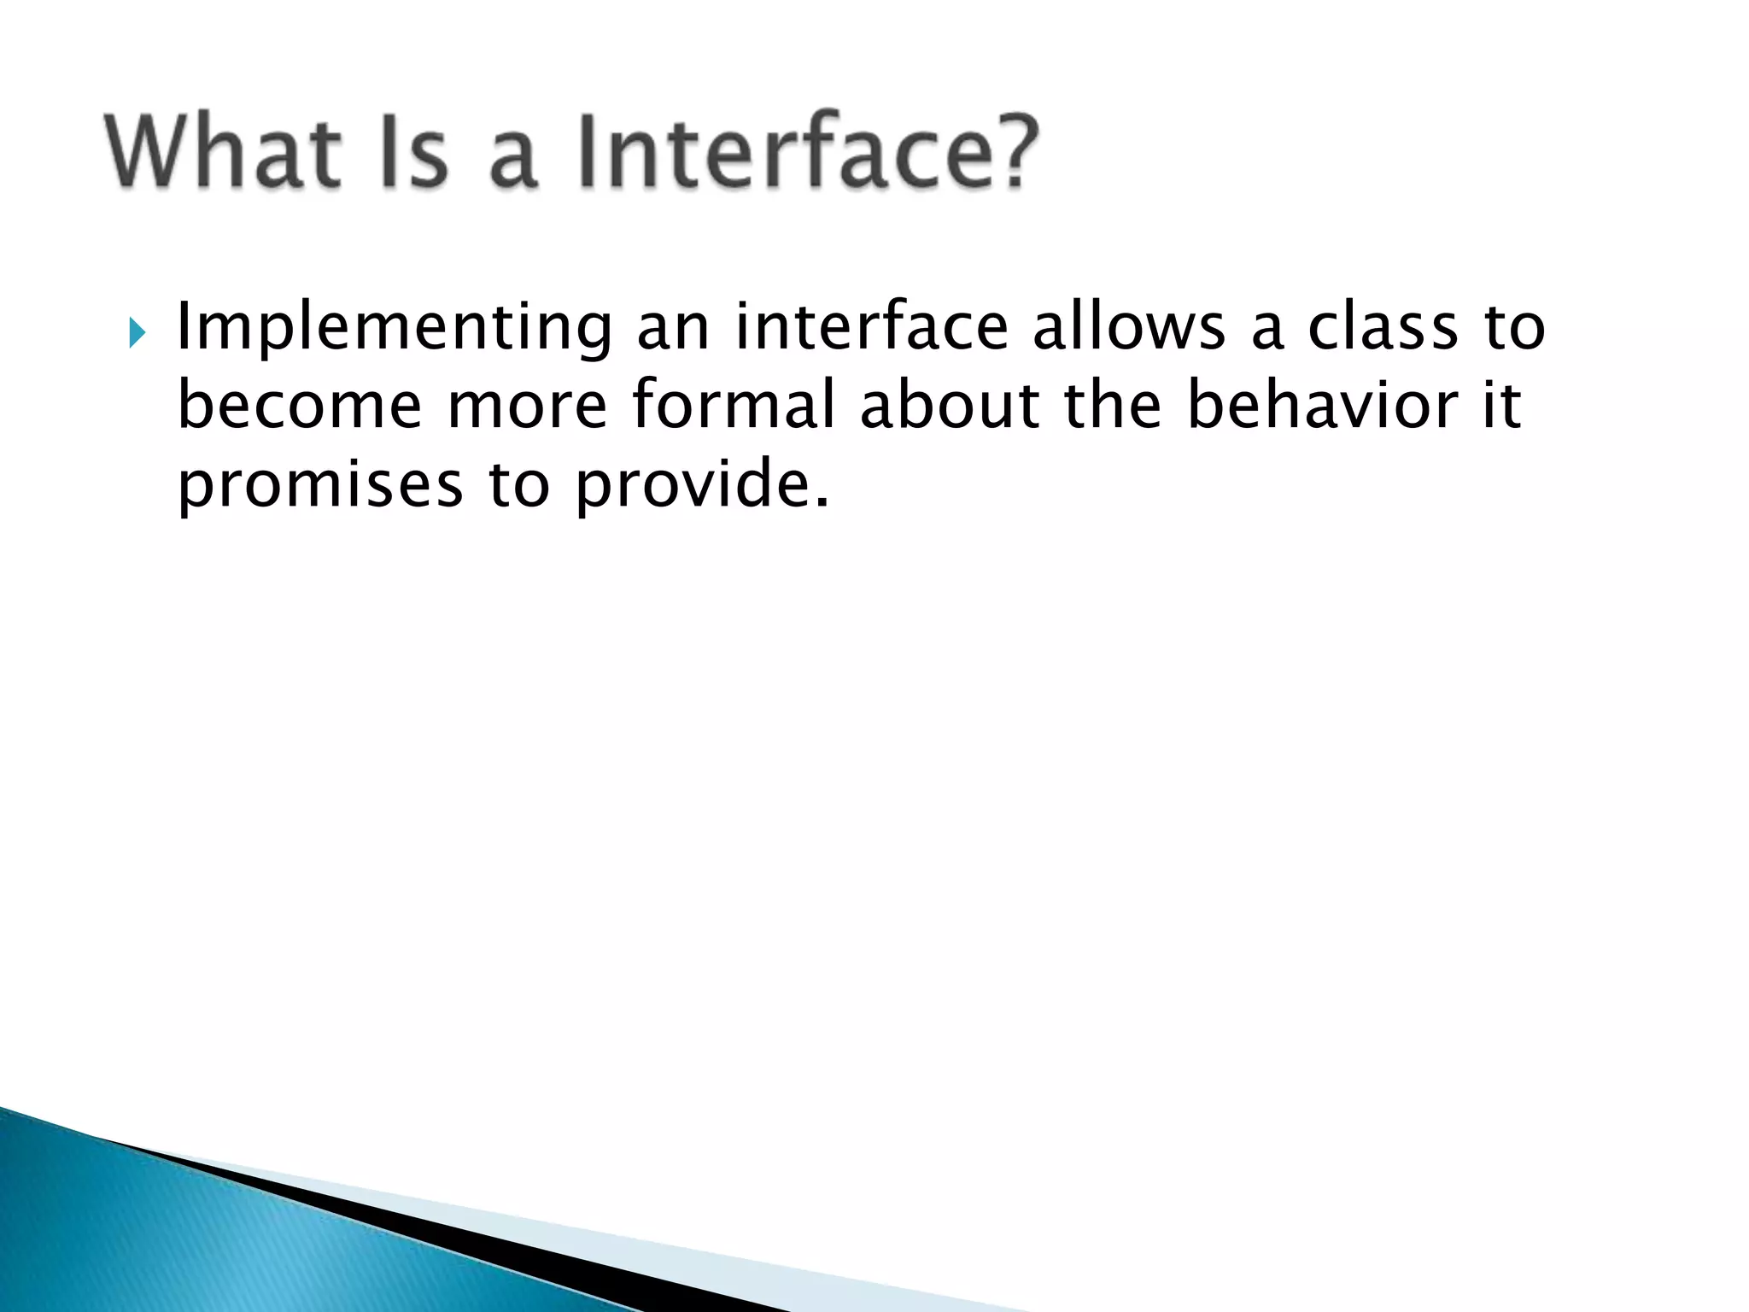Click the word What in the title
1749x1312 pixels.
point(219,152)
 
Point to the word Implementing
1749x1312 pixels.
point(394,328)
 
